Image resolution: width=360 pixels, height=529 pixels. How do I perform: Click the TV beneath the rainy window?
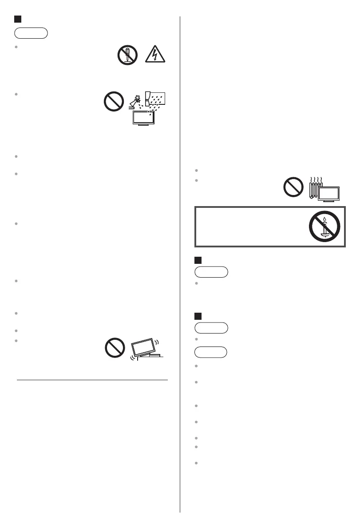143,117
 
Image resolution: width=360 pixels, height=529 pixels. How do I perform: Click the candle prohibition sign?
324,226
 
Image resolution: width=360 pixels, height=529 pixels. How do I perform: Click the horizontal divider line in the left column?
92,380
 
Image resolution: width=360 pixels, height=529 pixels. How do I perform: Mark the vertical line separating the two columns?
180,266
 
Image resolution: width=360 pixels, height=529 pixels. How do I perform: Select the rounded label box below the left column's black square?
31,33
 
